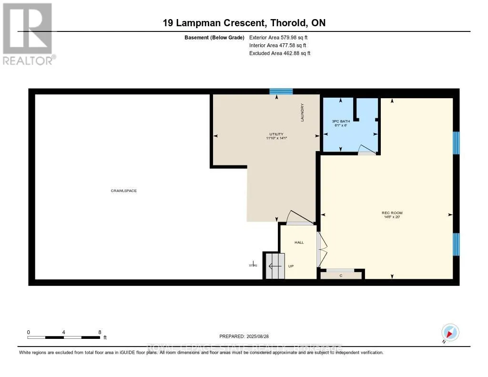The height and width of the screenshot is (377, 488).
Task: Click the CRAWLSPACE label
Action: tap(124, 191)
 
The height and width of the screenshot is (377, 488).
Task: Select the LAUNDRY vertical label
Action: tap(302, 113)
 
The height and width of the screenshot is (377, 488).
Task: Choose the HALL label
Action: tap(299, 243)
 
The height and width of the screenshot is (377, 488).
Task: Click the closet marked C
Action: tap(341, 275)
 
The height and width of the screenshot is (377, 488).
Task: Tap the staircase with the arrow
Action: tap(274, 265)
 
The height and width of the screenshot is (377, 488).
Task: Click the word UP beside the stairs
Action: tap(291, 266)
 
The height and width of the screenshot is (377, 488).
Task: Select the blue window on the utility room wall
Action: tap(281, 91)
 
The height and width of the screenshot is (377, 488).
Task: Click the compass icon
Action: tap(450, 332)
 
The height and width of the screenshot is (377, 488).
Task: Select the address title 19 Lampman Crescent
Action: tap(244, 23)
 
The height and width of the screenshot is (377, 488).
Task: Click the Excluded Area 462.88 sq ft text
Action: tap(280, 53)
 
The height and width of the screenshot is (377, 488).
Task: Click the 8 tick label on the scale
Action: tap(99, 332)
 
